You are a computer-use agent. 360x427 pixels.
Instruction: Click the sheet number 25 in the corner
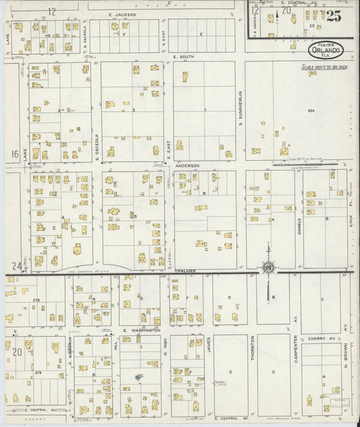(x=333, y=15)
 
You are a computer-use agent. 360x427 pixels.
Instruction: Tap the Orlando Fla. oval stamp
(x=326, y=49)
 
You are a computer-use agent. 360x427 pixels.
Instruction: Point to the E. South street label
(x=183, y=57)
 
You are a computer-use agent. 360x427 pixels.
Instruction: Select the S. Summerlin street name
(x=240, y=111)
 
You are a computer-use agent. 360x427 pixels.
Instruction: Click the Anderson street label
(x=187, y=166)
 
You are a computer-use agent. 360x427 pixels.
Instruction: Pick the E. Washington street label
(x=141, y=330)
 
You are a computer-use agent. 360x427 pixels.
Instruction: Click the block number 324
(x=311, y=110)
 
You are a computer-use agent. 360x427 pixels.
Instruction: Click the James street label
(x=209, y=347)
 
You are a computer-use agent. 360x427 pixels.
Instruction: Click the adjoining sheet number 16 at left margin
(x=15, y=154)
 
